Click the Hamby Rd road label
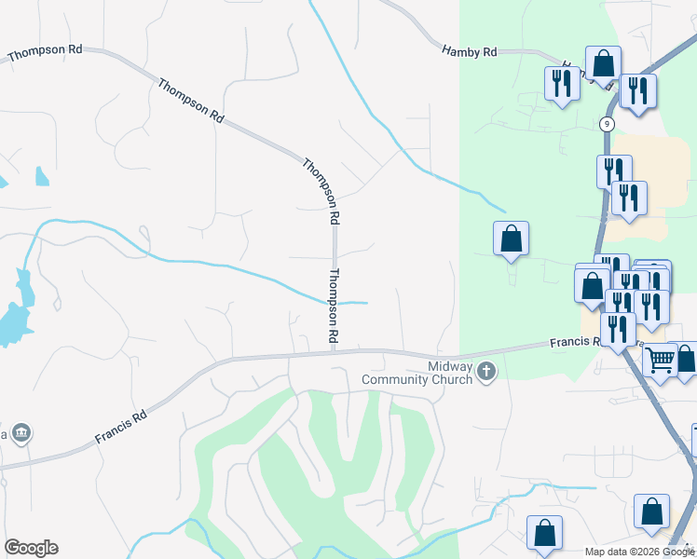[470, 52]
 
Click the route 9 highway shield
[607, 123]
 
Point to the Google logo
[31, 548]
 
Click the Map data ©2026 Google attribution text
[639, 552]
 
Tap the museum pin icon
[22, 433]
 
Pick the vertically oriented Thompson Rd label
[332, 305]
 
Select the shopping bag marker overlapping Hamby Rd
[603, 63]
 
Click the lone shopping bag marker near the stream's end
[511, 239]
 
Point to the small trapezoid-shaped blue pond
[41, 176]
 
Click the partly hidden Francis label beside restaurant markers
[570, 343]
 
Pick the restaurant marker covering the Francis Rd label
[617, 329]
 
